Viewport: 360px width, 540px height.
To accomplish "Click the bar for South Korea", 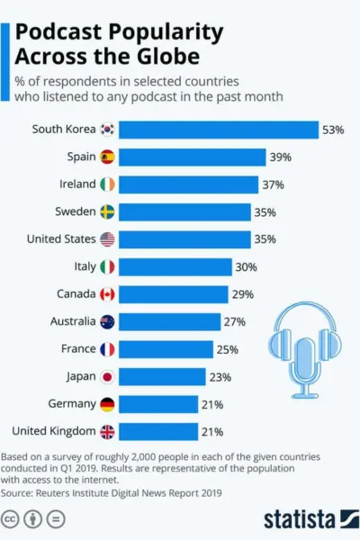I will point(219,130).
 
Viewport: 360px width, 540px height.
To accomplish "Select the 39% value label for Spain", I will point(279,157).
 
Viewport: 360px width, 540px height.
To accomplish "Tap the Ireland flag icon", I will point(107,184).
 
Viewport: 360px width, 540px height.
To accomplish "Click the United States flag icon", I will point(107,239).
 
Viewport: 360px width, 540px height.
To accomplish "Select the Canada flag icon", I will point(107,294).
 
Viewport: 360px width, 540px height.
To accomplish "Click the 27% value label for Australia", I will point(234,321).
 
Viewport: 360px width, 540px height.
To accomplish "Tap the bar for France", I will point(166,349).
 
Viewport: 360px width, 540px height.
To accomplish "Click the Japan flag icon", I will point(107,376).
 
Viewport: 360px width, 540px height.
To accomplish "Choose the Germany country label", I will point(68,404).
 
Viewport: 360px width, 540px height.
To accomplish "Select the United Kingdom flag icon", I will point(107,431).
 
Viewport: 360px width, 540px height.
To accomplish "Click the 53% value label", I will point(333,130).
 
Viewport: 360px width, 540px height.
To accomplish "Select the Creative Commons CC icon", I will point(12,519).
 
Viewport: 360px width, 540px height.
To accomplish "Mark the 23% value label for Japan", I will point(220,376).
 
